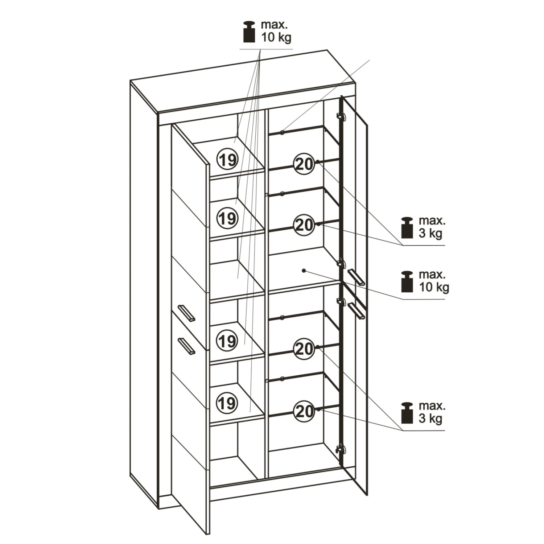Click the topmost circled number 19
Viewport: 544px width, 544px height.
pos(227,159)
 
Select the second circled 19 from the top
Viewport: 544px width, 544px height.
pos(227,218)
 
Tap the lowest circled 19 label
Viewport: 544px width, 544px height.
pos(227,403)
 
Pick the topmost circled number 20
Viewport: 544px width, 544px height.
pos(304,164)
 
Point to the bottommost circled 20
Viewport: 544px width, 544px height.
pos(304,411)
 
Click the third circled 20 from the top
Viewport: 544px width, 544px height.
pos(304,349)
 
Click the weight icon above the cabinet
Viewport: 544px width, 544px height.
pos(250,32)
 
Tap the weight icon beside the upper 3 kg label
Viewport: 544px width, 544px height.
pos(407,227)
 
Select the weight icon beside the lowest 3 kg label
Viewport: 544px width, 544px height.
pos(407,413)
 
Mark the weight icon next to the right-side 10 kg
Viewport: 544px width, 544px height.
pos(407,281)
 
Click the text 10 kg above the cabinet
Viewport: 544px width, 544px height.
pos(276,37)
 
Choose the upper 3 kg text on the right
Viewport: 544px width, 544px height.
pos(430,233)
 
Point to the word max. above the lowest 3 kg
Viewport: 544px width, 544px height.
pos(432,405)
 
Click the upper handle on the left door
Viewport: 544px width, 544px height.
pos(186,313)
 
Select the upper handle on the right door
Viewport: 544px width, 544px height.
pos(356,277)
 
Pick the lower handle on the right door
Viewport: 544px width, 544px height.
pos(356,311)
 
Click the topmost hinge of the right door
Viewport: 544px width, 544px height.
pos(340,116)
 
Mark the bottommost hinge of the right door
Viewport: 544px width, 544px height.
pos(340,449)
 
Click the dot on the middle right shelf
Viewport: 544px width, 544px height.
pos(304,271)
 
